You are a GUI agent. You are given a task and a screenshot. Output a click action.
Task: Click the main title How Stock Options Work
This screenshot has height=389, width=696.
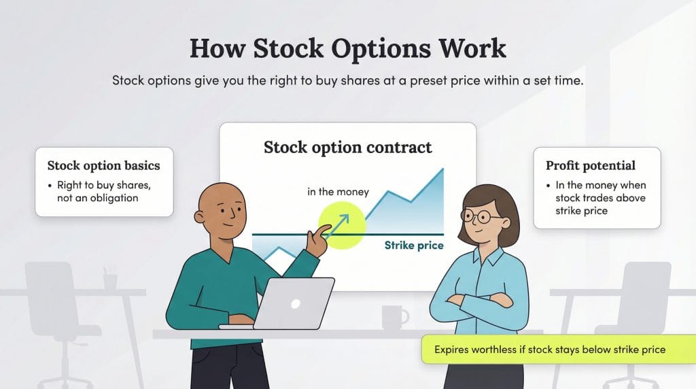point(347,49)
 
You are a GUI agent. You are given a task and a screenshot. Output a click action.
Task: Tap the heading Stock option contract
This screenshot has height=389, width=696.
point(347,147)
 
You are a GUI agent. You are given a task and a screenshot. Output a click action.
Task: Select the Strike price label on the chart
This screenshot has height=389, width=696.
point(413,245)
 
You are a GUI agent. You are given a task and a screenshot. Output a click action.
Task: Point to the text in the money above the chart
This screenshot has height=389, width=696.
point(338,192)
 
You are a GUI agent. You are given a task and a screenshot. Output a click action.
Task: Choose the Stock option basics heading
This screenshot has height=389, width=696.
point(103,165)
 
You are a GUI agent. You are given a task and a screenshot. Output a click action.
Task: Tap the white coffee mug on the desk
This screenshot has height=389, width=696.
point(393,317)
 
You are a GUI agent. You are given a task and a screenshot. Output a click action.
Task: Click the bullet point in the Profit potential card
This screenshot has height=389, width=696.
point(549,186)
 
